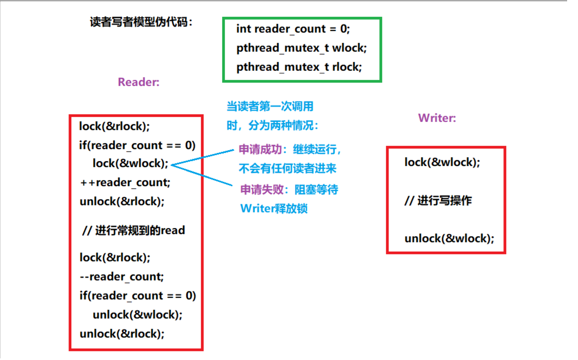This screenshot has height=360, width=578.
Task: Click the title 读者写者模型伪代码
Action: point(141,22)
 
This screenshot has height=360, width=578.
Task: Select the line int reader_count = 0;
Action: point(293,29)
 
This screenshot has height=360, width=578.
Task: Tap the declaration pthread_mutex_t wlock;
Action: point(302,48)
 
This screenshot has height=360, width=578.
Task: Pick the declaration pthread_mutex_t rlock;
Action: point(299,67)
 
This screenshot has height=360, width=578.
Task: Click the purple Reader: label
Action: point(139,82)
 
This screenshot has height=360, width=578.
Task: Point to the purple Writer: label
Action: point(437,118)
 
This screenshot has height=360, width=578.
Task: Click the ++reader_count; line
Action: point(125,182)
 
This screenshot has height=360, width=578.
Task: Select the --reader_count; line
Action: point(121,277)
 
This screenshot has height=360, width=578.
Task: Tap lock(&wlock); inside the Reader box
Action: point(131,163)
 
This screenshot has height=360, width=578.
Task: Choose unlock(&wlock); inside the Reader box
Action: point(137,314)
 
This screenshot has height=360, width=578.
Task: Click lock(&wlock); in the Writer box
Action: point(442,162)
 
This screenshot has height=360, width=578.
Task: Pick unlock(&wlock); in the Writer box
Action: point(449,239)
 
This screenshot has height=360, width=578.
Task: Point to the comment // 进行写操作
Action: point(438,200)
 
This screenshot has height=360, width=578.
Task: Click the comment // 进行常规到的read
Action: point(133,230)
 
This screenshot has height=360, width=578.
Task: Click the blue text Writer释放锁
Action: point(274,208)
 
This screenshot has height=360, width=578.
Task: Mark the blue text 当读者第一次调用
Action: point(269,106)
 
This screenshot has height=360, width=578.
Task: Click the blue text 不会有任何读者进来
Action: point(287,168)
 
